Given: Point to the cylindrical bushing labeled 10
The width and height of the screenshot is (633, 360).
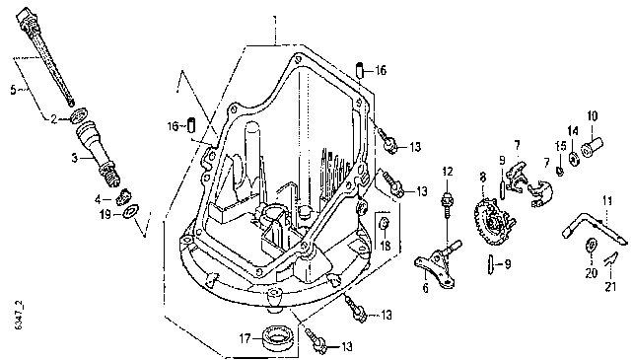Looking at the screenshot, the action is (x=593, y=147).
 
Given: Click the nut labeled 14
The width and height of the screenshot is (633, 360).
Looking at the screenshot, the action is (x=574, y=158).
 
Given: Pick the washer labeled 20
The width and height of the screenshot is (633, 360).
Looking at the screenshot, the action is (x=590, y=246).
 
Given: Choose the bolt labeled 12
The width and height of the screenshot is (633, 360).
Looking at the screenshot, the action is (x=446, y=205).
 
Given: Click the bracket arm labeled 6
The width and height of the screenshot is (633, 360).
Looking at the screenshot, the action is (x=439, y=265).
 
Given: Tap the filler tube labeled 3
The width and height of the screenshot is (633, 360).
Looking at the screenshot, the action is (x=97, y=155).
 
